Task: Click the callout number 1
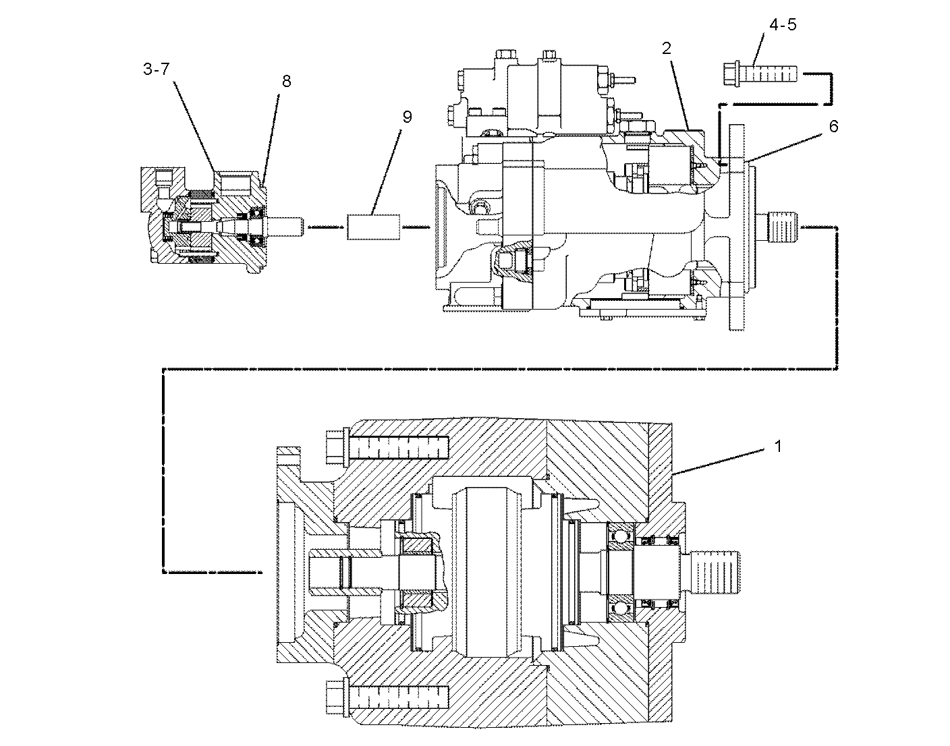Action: tap(777, 447)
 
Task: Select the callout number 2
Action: tap(666, 48)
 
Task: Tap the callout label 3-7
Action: tap(156, 69)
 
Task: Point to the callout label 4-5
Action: tap(783, 25)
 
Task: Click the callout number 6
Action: tap(833, 126)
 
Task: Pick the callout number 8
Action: tap(286, 82)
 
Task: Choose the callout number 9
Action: tap(407, 117)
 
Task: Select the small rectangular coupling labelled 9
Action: tap(374, 227)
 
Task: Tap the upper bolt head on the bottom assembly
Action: tap(337, 447)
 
